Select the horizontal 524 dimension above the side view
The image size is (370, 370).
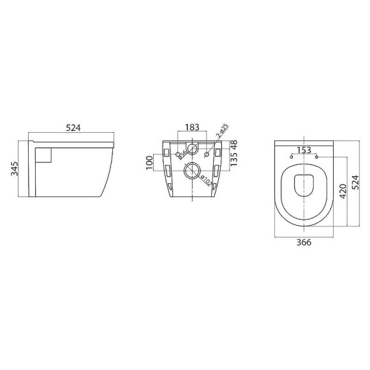point(73,127)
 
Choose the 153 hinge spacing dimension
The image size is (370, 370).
point(304,150)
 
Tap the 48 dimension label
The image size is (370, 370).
point(233,145)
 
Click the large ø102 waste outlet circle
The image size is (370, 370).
point(191,170)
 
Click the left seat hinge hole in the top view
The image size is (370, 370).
point(292,155)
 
